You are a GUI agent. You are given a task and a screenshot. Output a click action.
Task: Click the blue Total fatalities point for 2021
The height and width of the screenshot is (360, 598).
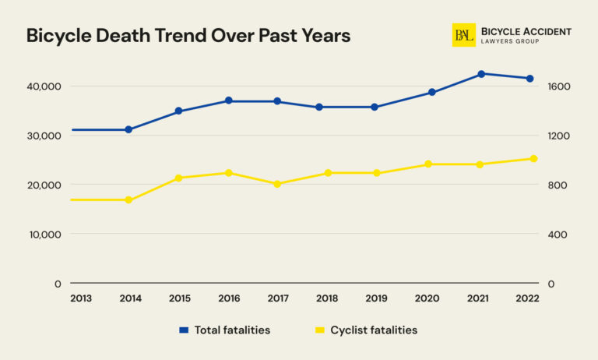tap(480, 74)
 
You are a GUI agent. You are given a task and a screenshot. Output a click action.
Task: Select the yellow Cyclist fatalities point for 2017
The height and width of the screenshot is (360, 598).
tap(277, 184)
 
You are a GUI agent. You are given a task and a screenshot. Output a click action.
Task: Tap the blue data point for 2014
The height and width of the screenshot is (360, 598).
tap(128, 129)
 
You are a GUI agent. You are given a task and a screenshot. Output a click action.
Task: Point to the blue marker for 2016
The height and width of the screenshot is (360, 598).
tap(228, 101)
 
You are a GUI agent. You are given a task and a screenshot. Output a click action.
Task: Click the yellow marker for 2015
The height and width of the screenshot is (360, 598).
tap(178, 178)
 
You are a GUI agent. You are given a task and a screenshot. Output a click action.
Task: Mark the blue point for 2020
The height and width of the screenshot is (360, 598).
tap(432, 92)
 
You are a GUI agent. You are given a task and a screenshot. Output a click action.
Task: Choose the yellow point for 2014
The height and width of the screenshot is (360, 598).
tap(128, 200)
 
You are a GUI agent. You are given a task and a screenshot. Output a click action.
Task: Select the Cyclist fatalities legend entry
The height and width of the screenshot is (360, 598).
tap(365, 330)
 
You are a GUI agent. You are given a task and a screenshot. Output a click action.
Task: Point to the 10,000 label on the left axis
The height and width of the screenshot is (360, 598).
tap(44, 235)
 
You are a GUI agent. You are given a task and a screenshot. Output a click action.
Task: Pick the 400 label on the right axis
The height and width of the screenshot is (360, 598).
tap(558, 235)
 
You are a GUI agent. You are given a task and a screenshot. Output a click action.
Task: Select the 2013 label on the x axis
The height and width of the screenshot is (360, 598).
tap(79, 298)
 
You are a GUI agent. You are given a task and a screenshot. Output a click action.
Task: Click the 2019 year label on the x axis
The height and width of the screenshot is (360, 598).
tap(377, 298)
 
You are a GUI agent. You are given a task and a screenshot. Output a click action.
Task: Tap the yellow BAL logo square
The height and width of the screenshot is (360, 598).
tap(464, 35)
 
